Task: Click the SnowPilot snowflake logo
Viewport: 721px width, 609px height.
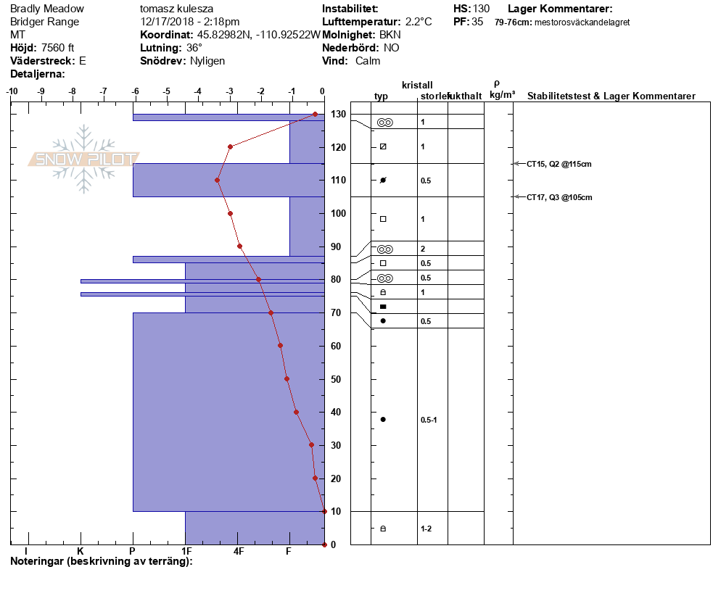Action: [83, 159]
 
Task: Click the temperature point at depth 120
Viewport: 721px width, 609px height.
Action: [231, 147]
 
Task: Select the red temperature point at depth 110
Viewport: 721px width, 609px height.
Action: [217, 181]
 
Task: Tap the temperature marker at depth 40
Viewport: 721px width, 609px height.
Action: [296, 413]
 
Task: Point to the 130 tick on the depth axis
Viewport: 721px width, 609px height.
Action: [338, 114]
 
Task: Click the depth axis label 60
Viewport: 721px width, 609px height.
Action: [336, 346]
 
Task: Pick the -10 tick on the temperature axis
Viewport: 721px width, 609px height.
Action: [12, 91]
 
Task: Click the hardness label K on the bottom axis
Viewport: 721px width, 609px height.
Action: [81, 551]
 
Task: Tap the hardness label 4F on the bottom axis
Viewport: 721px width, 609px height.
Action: [238, 551]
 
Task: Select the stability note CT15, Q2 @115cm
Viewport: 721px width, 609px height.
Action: [559, 164]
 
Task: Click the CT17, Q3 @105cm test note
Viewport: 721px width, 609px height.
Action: [559, 198]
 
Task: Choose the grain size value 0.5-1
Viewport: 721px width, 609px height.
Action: [429, 420]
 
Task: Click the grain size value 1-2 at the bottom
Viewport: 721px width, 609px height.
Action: [426, 529]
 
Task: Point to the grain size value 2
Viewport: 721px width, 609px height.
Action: [423, 249]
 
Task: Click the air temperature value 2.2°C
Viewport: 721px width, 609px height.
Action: [419, 22]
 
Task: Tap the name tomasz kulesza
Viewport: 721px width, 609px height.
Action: [176, 9]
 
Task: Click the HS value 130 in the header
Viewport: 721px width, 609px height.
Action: [481, 9]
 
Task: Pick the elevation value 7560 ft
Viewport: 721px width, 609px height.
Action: [57, 48]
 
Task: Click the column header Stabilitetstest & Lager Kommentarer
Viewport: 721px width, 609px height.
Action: [611, 96]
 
